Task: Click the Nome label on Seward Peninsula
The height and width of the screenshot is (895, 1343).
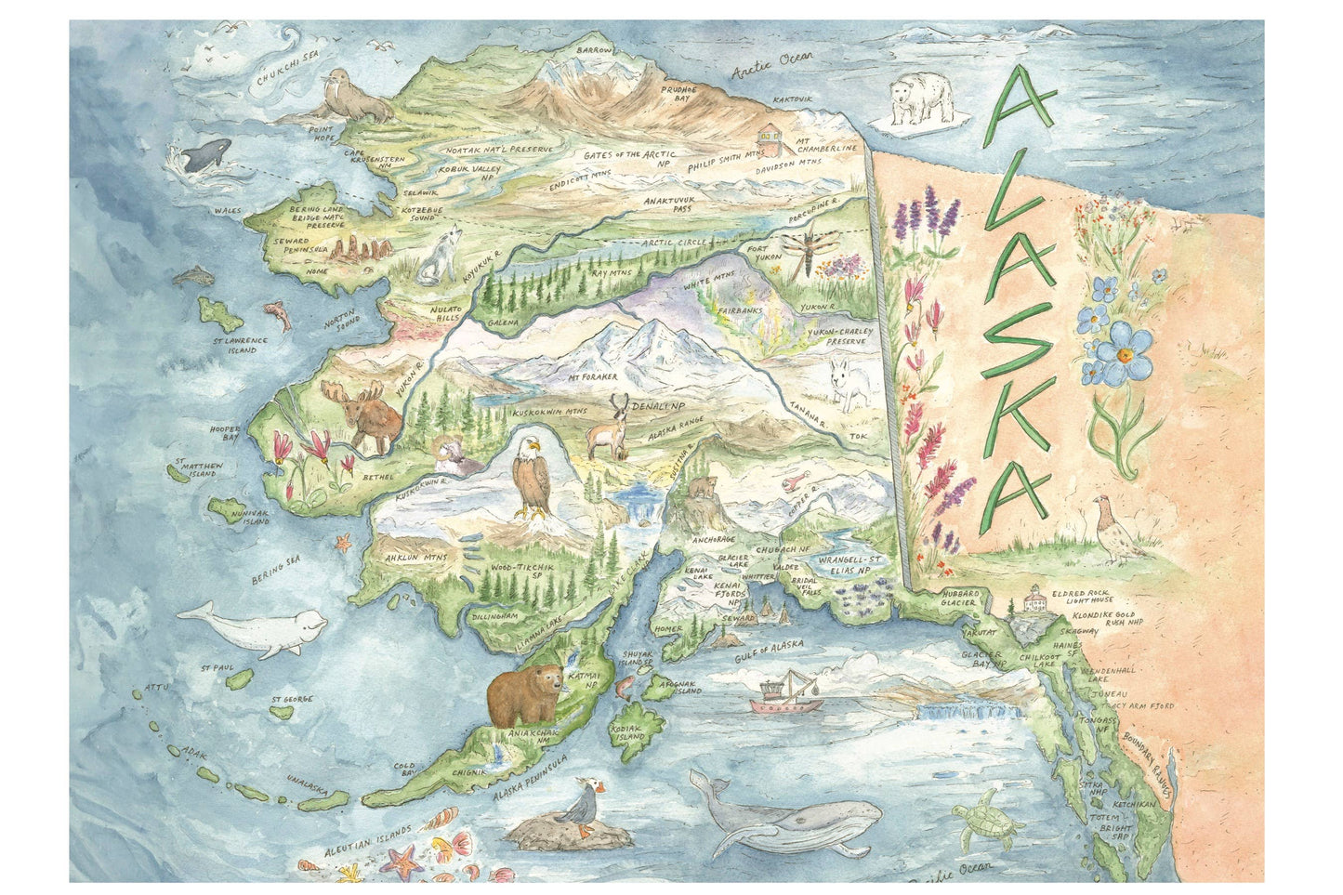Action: click(317, 271)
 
